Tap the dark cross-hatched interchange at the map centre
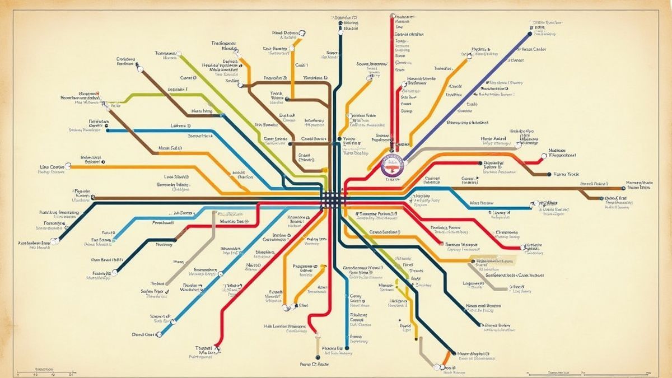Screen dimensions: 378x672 tap(334, 197)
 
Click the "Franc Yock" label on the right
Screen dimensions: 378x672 tap(566, 174)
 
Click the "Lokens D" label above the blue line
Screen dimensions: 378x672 tap(181, 126)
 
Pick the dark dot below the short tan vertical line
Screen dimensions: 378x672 tap(316, 357)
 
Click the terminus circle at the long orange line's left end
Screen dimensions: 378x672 tap(68, 166)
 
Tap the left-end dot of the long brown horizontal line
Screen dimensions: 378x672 tap(92, 198)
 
